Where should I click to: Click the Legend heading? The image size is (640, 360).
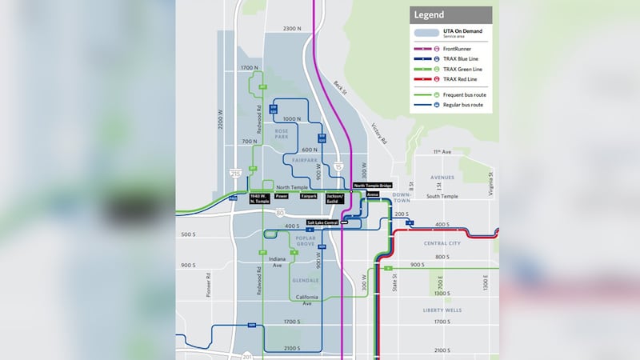(428, 14)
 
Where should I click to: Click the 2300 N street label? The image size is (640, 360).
(293, 28)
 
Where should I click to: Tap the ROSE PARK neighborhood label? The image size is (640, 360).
(282, 134)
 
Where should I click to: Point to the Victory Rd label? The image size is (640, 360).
(378, 134)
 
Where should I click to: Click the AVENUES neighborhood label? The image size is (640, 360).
(442, 178)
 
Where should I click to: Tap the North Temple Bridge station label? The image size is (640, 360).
(373, 186)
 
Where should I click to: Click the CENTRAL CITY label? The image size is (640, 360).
(442, 243)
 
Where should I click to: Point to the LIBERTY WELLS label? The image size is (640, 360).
(443, 310)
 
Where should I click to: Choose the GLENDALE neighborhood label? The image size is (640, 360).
(306, 281)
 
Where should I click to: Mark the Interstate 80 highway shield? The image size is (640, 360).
(280, 213)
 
